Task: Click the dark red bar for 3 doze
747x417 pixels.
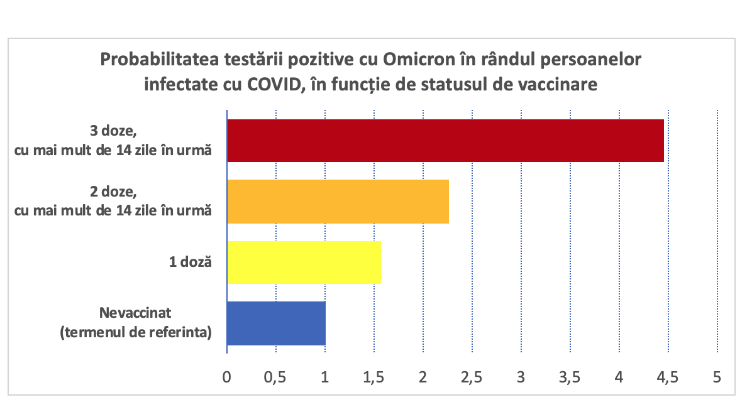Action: point(445,141)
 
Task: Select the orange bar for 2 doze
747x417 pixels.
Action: point(338,202)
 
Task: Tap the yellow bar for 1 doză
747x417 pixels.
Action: point(304,263)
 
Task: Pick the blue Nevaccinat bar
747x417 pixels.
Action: point(276,323)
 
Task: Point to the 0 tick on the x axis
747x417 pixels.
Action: point(227,377)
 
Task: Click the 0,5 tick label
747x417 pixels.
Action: point(275,377)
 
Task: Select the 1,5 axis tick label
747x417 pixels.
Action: point(373,377)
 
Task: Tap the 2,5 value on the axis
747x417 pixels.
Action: point(472,377)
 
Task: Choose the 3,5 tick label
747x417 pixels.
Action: point(570,377)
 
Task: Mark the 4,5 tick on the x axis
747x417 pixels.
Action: point(668,377)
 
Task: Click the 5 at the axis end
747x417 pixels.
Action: point(717,377)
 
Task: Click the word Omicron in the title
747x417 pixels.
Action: point(419,60)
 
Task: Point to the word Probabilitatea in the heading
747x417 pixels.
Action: point(160,60)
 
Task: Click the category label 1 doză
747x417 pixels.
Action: point(191,262)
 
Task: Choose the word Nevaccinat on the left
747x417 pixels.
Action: point(135,313)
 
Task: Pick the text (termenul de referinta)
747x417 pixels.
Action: point(136,332)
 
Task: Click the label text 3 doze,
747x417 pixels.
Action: point(113,131)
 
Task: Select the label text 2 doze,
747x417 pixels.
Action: point(113,192)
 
